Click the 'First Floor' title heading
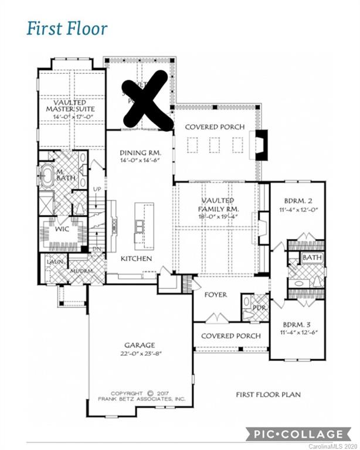click(67, 28)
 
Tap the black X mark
click(147, 100)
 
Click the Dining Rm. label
click(140, 152)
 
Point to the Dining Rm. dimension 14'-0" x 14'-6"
click(140, 161)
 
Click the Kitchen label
click(137, 258)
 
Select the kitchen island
click(144, 226)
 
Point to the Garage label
click(140, 345)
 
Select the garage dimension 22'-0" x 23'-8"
click(140, 354)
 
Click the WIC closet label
click(62, 229)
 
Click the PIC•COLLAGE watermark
click(298, 434)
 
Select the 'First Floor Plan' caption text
click(269, 395)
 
